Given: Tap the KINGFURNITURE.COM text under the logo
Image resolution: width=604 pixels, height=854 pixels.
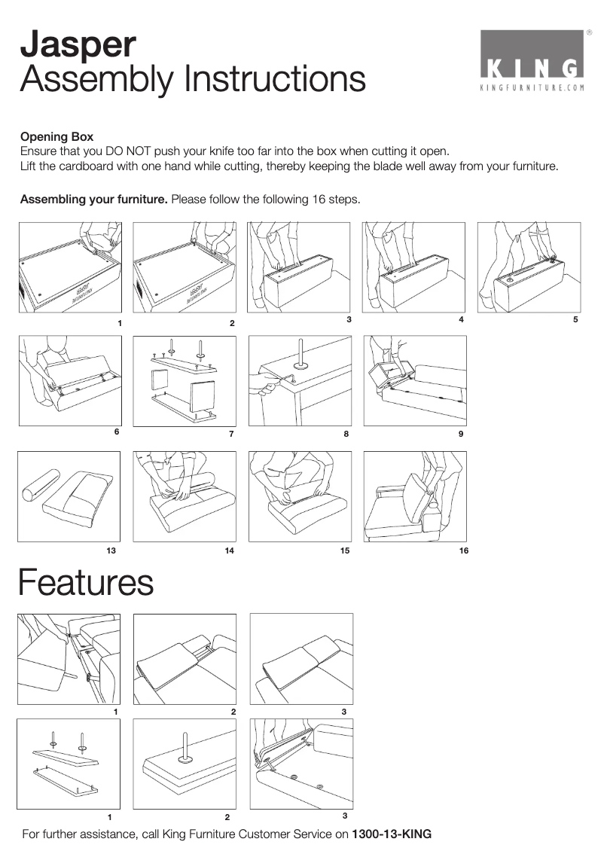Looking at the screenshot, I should tap(532, 87).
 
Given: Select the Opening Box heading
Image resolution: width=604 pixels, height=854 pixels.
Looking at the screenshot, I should tap(56, 137).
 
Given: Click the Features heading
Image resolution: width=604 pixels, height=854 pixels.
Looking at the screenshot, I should tap(86, 583).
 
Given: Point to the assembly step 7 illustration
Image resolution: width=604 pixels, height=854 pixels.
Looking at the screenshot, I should tap(185, 381).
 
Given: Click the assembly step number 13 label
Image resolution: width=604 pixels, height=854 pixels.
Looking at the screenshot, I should tap(111, 551).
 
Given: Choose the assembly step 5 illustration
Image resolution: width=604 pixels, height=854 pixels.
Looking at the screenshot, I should tap(529, 267).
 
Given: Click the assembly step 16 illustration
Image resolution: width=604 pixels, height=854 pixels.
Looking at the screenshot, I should tap(415, 496).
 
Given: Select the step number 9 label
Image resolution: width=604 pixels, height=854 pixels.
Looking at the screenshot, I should tap(461, 434).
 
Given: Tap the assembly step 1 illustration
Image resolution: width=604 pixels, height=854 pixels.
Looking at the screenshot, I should tap(69, 267).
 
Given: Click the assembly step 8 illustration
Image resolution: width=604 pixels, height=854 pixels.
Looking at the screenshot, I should tap(300, 381).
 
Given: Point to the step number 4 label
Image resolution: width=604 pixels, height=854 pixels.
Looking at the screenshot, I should tap(461, 320).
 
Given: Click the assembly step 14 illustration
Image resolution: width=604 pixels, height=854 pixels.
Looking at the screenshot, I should tap(185, 496).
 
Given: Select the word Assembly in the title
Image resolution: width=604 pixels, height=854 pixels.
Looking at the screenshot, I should tap(96, 79).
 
